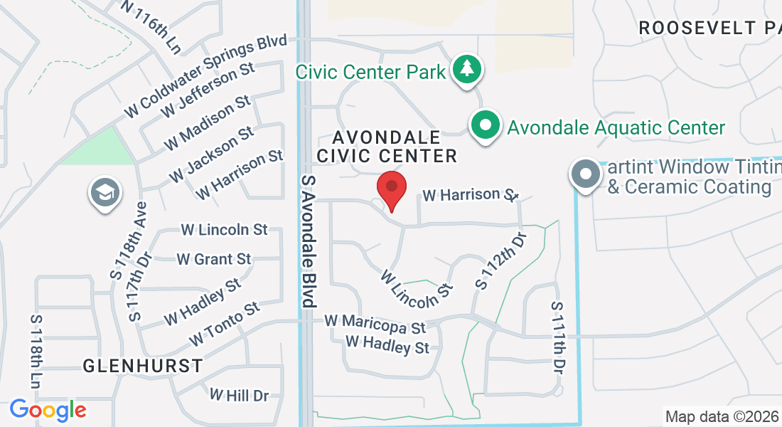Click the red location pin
click(391, 189)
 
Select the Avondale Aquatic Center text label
click(616, 127)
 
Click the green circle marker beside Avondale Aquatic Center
click(486, 127)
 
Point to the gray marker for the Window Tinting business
click(586, 174)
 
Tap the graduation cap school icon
click(105, 193)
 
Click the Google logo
click(48, 411)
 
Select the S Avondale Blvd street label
click(309, 241)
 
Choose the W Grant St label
click(214, 259)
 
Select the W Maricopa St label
click(375, 324)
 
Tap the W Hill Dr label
click(239, 394)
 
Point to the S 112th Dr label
click(501, 260)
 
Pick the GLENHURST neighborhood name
click(143, 366)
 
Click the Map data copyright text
click(721, 416)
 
